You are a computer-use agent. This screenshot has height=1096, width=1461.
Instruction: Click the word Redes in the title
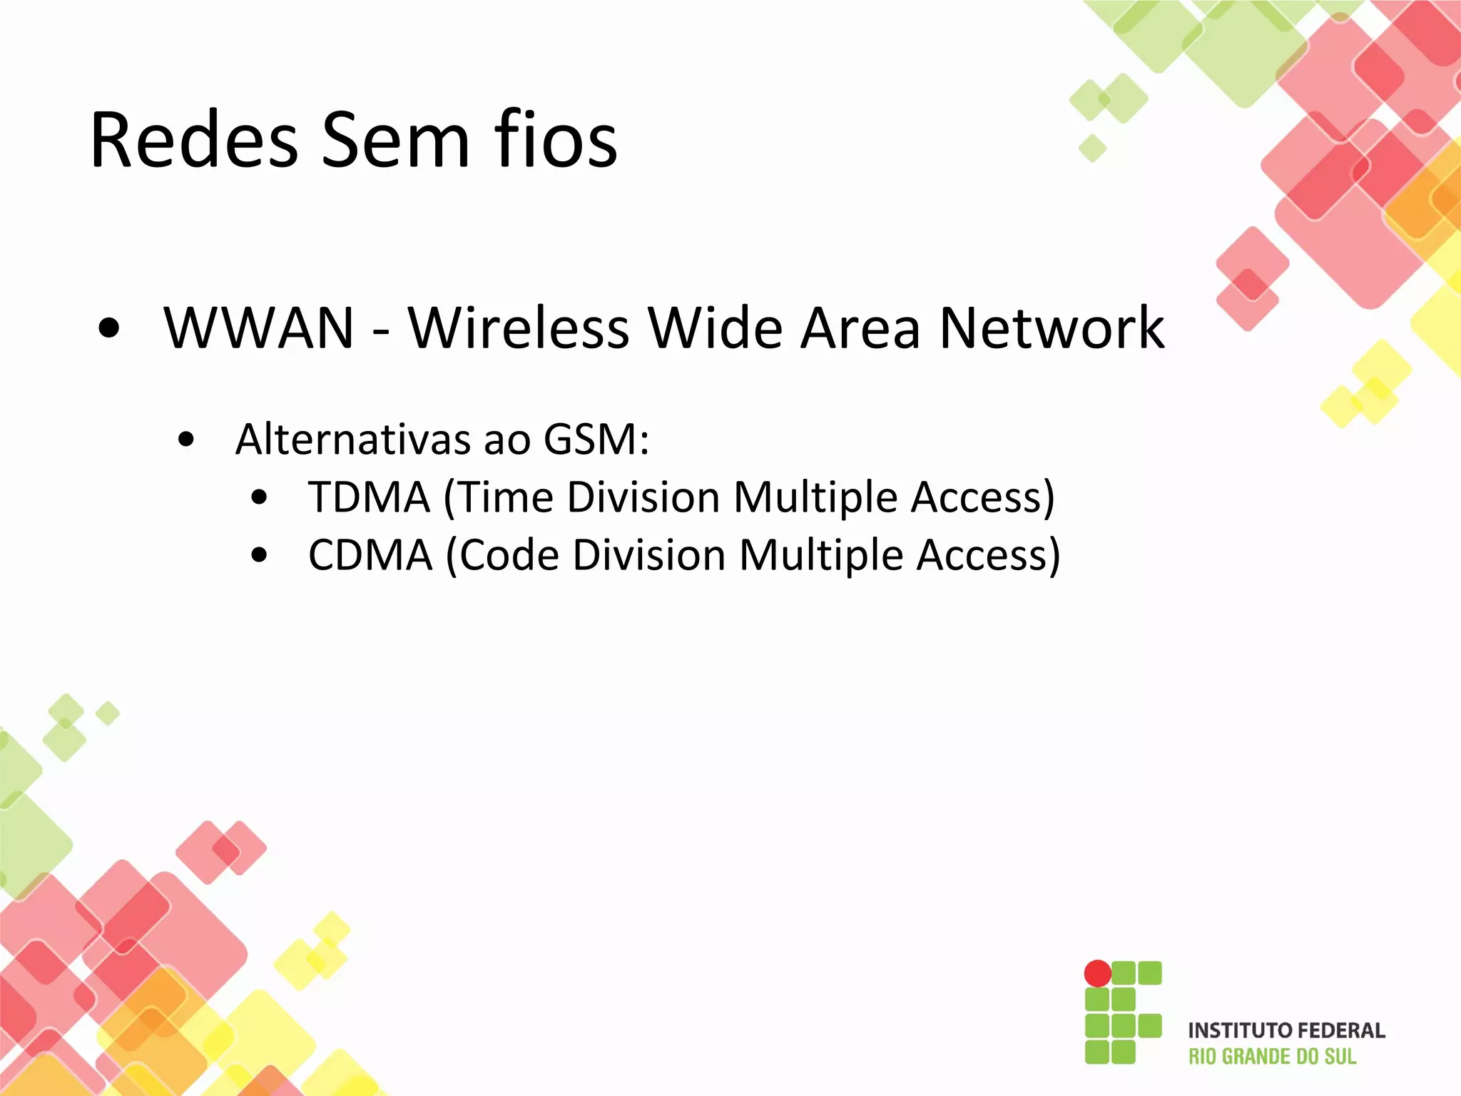pos(194,140)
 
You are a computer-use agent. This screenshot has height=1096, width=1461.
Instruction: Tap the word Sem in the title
pos(394,140)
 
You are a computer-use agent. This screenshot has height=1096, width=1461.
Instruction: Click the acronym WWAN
pos(258,328)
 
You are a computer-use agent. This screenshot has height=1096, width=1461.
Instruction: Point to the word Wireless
pos(519,328)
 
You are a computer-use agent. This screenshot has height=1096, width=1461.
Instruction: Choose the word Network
pos(1052,328)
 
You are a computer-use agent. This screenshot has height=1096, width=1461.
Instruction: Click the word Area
pos(860,328)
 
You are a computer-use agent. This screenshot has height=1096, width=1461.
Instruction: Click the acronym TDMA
pos(369,497)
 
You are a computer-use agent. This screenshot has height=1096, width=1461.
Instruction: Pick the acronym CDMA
pos(370,554)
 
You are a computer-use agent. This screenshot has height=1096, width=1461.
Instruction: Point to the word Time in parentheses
pos(504,497)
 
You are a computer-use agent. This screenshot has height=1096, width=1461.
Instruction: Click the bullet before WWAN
pos(109,329)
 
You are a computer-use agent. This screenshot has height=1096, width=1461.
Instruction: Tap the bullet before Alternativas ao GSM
pos(186,440)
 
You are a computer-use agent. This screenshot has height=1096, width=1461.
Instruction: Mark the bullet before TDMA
pos(260,497)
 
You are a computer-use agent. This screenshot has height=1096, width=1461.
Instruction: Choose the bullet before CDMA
pos(260,555)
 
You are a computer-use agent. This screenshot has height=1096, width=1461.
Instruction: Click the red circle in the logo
pos(1097,973)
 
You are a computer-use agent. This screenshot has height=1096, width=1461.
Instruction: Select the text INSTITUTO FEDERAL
pos(1286,1030)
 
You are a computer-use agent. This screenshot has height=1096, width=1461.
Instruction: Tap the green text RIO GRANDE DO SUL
pos(1272,1057)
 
